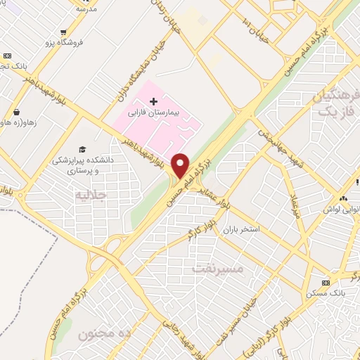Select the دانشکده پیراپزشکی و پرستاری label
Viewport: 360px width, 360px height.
(x=82, y=165)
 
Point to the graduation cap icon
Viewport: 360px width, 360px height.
(x=82, y=150)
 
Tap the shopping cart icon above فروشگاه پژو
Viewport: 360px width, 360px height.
(x=64, y=32)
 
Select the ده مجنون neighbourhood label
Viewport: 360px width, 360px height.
(x=105, y=331)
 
